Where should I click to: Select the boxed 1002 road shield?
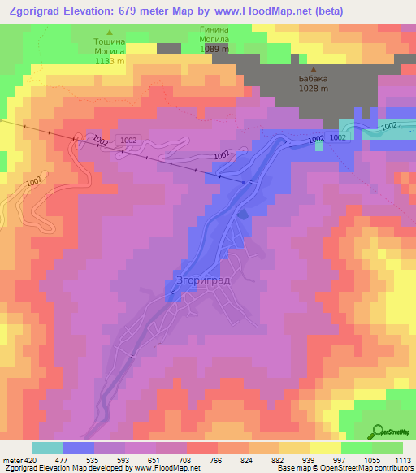point(128,141)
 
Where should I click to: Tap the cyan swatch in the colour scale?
point(47,448)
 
